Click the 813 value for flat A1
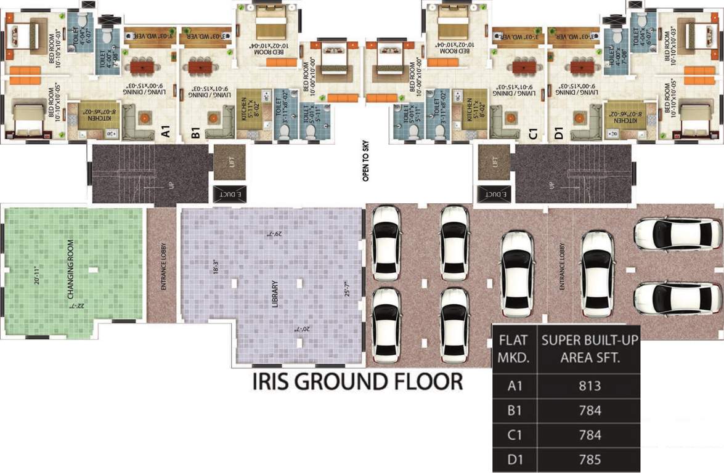pyautogui.click(x=590, y=386)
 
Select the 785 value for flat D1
pyautogui.click(x=590, y=459)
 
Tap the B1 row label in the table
pyautogui.click(x=515, y=411)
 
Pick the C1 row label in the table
pyautogui.click(x=515, y=435)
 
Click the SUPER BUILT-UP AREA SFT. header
pyautogui.click(x=590, y=348)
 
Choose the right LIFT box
pyautogui.click(x=494, y=162)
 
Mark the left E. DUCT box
pyautogui.click(x=230, y=193)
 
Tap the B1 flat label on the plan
pyautogui.click(x=195, y=132)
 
